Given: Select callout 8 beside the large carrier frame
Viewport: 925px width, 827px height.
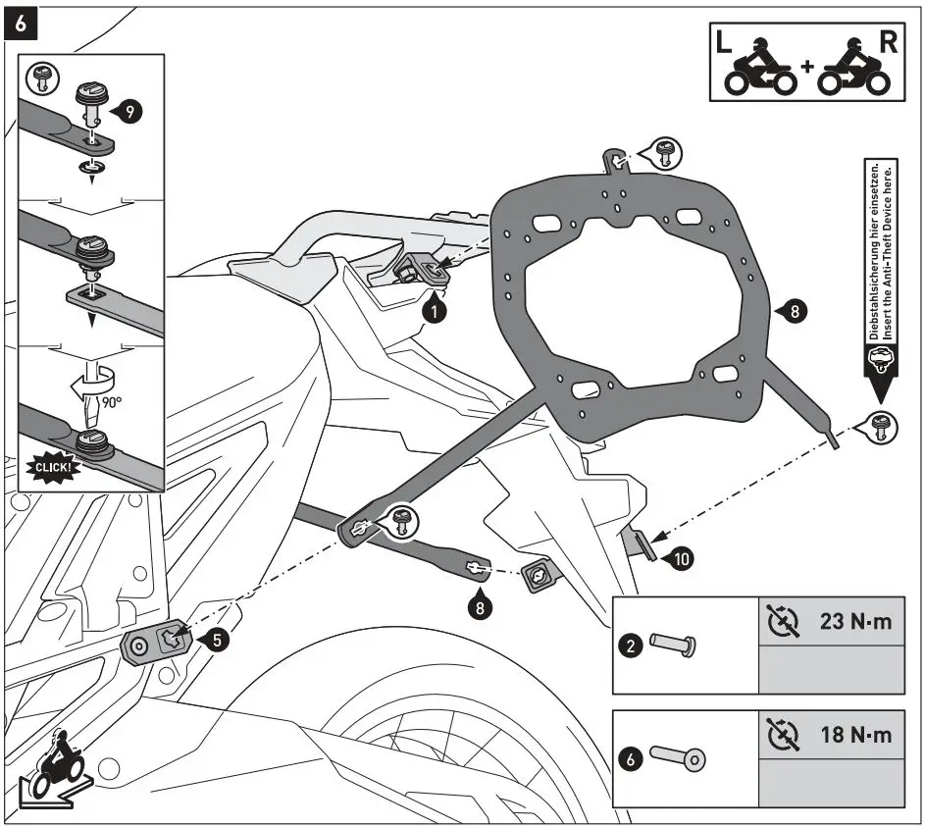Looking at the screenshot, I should coord(794,312).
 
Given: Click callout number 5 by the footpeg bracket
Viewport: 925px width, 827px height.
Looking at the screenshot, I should coord(220,640).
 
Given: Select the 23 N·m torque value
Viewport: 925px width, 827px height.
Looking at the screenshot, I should coord(855,623).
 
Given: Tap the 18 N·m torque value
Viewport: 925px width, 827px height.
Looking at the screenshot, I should coord(855,735).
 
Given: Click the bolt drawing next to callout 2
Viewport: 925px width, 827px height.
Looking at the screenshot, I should coord(674,645).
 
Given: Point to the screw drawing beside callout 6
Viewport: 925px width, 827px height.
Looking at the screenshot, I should coord(677,757).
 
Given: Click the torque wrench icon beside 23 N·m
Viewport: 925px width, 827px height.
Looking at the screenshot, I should coord(781,623).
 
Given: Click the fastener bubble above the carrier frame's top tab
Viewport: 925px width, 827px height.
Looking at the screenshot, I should coord(662,153).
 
